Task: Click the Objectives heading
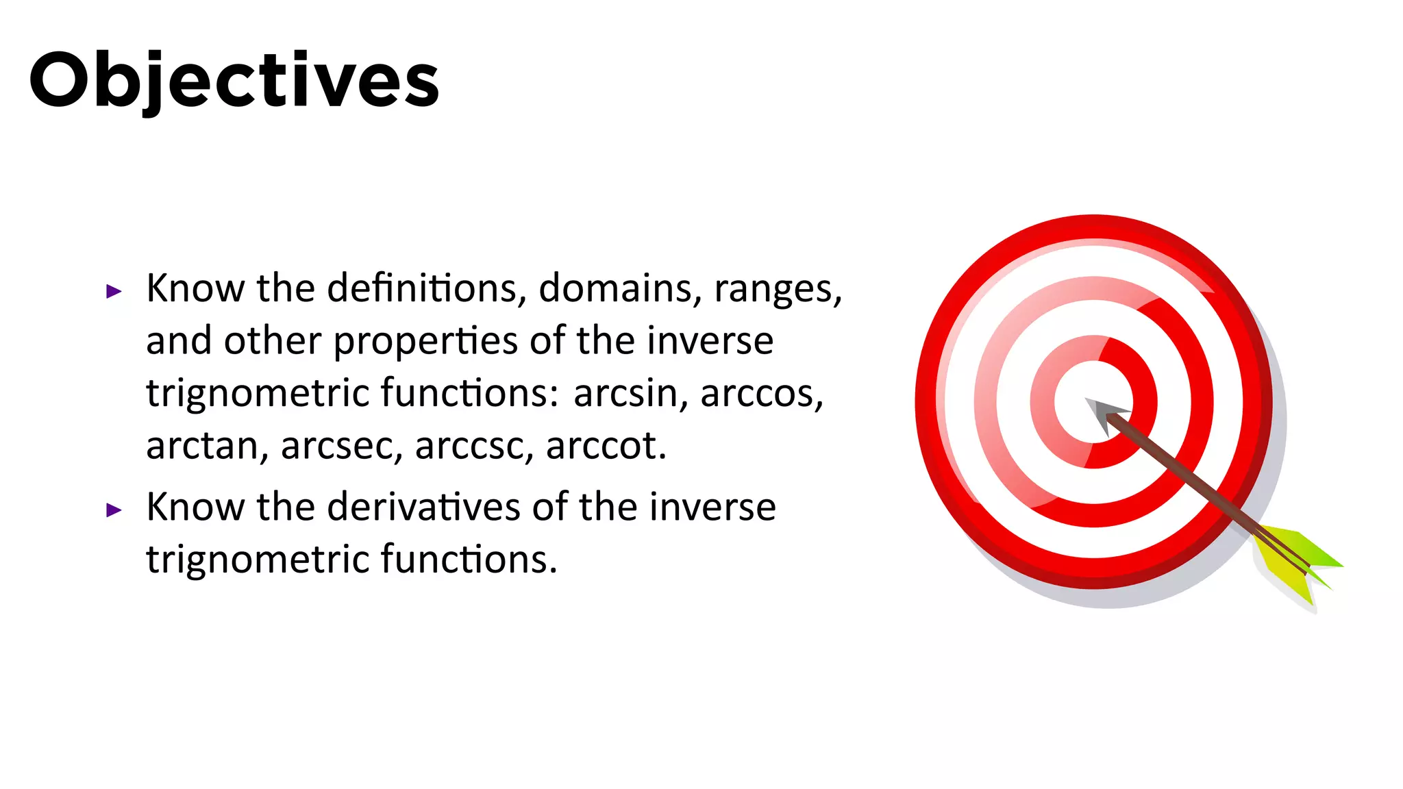(x=234, y=80)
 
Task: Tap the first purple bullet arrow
(x=114, y=292)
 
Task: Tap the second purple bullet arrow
(x=114, y=510)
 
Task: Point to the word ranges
(x=776, y=289)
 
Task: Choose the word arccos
(x=760, y=393)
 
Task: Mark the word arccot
(x=605, y=446)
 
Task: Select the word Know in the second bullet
(x=195, y=507)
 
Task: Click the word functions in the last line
(x=468, y=559)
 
